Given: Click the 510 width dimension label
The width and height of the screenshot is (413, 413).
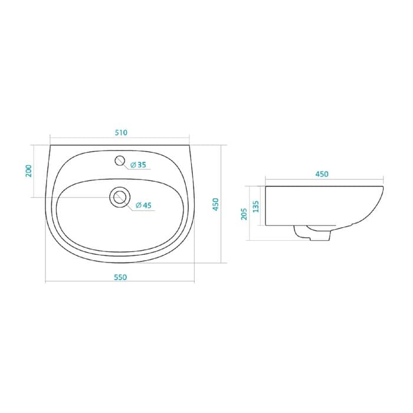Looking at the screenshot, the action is (121, 133).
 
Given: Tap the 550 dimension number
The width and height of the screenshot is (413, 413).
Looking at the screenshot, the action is (120, 277).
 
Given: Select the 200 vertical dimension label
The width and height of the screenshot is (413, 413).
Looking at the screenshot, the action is (28, 171).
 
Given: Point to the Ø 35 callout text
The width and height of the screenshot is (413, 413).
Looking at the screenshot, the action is (138, 165).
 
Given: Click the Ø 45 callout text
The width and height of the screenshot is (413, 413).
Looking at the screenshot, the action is (143, 205).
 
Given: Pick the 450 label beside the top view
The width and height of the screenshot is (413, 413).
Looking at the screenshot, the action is (216, 204).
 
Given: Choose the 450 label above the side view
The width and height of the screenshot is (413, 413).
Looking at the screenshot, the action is (322, 174).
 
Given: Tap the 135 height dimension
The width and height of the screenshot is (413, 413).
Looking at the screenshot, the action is (255, 206).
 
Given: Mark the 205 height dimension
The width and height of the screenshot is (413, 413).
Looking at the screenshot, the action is (244, 214).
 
